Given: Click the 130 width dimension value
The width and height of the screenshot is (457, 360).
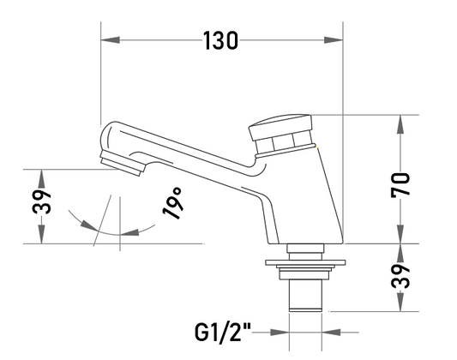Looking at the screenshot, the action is (220, 40).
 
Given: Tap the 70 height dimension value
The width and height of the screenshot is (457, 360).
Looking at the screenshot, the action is (400, 185).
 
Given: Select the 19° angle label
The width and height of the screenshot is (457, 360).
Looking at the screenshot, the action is (172, 203).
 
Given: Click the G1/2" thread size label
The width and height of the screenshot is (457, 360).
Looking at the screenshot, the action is (223, 333).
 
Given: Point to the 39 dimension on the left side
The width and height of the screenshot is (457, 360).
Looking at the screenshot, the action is (42, 201).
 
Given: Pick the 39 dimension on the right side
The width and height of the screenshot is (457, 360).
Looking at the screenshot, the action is (400, 276).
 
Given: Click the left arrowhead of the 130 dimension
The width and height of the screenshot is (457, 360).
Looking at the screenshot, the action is (110, 40).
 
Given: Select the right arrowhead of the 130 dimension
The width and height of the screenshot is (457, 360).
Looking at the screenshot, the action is (334, 40).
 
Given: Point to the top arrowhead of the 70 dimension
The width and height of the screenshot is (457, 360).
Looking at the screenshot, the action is (400, 124).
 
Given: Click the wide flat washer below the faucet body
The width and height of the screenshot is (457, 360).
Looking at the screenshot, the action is (305, 262).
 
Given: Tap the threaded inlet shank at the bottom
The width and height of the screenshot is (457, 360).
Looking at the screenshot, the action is (305, 296).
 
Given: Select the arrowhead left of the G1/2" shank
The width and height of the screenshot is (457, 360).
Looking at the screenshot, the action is (280, 332).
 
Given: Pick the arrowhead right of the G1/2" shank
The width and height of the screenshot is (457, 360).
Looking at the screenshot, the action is (331, 332).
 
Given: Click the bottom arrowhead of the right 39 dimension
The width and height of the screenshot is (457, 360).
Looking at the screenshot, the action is (400, 302).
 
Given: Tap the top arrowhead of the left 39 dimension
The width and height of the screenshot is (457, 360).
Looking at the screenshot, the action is (42, 178).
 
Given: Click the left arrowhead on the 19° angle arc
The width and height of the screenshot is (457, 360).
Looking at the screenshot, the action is (88, 225).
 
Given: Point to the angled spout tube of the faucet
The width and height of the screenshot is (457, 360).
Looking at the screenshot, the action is (187, 154).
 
